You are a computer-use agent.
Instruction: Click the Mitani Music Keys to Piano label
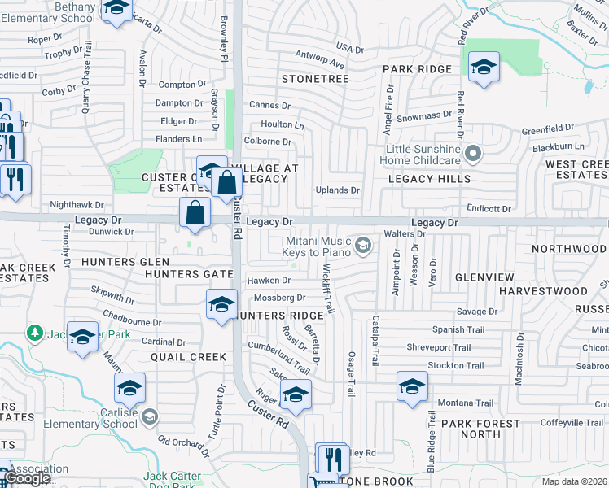[x=317, y=246]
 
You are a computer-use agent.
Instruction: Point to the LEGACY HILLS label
[x=429, y=179]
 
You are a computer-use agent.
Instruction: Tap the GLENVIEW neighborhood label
[x=484, y=277]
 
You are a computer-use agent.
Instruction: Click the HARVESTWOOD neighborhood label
[x=543, y=290]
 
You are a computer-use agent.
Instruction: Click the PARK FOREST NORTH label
[x=480, y=429]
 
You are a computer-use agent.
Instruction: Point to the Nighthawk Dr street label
[x=77, y=206]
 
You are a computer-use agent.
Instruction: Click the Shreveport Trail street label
[x=438, y=347]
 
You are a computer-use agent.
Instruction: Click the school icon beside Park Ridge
[x=484, y=67]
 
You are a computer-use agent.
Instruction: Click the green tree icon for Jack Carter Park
[x=34, y=333]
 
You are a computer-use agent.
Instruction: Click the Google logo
[x=26, y=478]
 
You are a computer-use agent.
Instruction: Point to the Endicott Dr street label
[x=488, y=209]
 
